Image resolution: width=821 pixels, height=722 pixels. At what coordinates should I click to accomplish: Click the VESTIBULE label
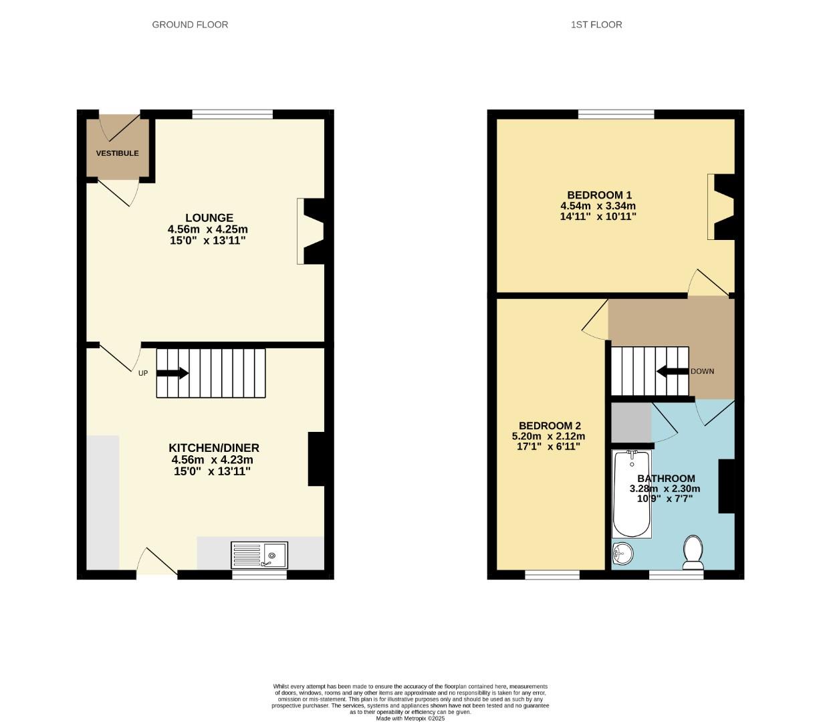[x=117, y=153]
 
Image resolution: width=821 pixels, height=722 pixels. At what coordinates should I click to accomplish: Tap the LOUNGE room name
[x=209, y=218]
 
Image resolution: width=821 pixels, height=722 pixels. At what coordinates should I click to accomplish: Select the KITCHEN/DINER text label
[x=213, y=448]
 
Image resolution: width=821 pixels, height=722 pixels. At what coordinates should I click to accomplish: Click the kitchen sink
[x=259, y=555]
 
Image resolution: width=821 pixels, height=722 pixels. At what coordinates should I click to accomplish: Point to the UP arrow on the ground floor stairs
[x=172, y=373]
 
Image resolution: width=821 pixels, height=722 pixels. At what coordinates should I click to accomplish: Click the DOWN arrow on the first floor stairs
[x=672, y=371]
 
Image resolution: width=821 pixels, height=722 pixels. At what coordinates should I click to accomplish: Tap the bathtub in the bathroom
[x=632, y=494]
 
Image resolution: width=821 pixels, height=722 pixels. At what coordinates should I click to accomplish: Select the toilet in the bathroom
[x=693, y=553]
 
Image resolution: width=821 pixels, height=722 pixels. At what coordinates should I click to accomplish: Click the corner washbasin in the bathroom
[x=622, y=554]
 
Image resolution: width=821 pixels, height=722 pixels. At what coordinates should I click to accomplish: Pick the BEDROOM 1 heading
[x=599, y=195]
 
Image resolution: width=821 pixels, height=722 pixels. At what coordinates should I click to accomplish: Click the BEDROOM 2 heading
[x=550, y=426]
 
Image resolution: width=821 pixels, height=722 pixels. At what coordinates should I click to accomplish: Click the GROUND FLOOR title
[x=190, y=25]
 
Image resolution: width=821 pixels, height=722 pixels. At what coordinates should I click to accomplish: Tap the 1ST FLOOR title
[x=596, y=25]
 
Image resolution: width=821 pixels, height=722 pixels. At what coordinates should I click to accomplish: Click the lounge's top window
[x=233, y=114]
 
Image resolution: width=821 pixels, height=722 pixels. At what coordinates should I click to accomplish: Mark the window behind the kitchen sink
[x=259, y=574]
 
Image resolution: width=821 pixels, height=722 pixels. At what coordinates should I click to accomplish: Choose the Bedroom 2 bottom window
[x=552, y=574]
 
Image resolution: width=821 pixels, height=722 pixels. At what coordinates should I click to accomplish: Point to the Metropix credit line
[x=410, y=719]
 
